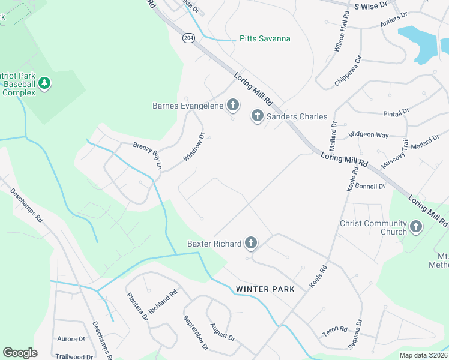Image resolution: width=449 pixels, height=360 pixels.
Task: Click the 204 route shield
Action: pos(189,38)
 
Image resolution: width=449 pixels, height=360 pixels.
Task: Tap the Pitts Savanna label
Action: pos(265,38)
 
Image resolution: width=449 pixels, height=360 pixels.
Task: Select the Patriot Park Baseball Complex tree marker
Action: pos(44,82)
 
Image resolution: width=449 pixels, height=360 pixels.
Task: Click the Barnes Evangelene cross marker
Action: pos(232,107)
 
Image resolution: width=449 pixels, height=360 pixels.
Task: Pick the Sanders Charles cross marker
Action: pos(258,116)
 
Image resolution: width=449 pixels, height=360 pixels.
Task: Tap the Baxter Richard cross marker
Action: pos(250,243)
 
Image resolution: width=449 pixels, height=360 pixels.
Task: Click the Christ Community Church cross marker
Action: pos(416,227)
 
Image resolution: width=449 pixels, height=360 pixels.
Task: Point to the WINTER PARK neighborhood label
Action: pos(265,289)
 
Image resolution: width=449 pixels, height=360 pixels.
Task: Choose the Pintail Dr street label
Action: pos(396,112)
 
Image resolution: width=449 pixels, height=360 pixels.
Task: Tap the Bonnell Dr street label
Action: pos(370,186)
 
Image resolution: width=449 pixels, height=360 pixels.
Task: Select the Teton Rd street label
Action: pos(334,329)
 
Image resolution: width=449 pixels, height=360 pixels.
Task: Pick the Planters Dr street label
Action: pos(137,305)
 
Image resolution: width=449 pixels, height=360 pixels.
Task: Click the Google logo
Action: pos(20,353)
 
